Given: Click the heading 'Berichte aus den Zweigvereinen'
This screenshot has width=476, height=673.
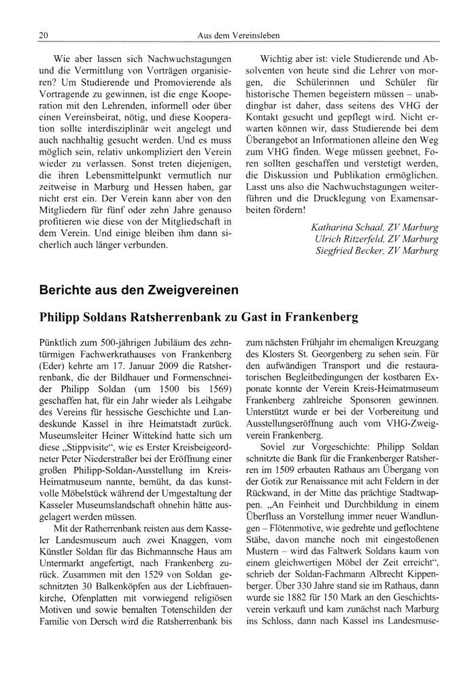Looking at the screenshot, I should tap(139, 290).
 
